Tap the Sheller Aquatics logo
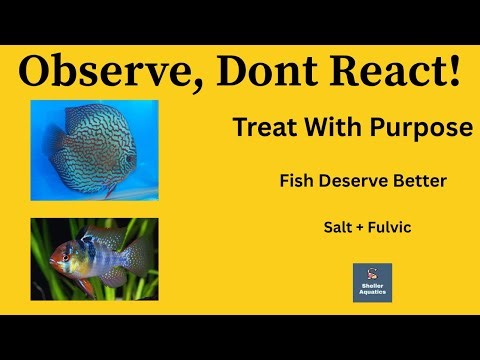pyautogui.click(x=372, y=283)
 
